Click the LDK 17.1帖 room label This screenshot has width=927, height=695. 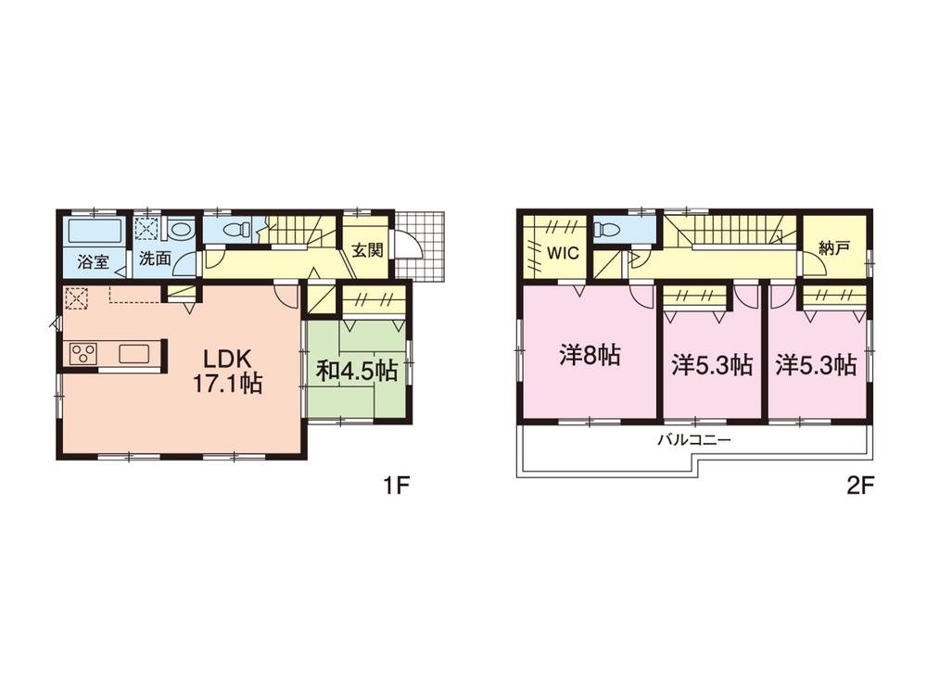(x=228, y=372)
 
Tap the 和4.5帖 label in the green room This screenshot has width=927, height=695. (x=357, y=371)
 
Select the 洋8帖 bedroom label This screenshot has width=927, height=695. (x=590, y=355)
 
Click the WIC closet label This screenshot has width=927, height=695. (x=563, y=253)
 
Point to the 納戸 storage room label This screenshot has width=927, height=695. (x=834, y=248)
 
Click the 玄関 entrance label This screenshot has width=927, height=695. (x=367, y=250)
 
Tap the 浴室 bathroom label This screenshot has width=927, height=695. (x=94, y=262)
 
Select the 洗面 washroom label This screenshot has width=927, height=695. (x=156, y=259)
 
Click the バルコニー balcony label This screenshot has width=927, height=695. (x=694, y=440)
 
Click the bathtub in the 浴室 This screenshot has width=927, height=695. (x=95, y=231)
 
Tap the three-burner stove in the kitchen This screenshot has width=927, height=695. (x=83, y=353)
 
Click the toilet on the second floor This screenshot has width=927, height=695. (x=604, y=229)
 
